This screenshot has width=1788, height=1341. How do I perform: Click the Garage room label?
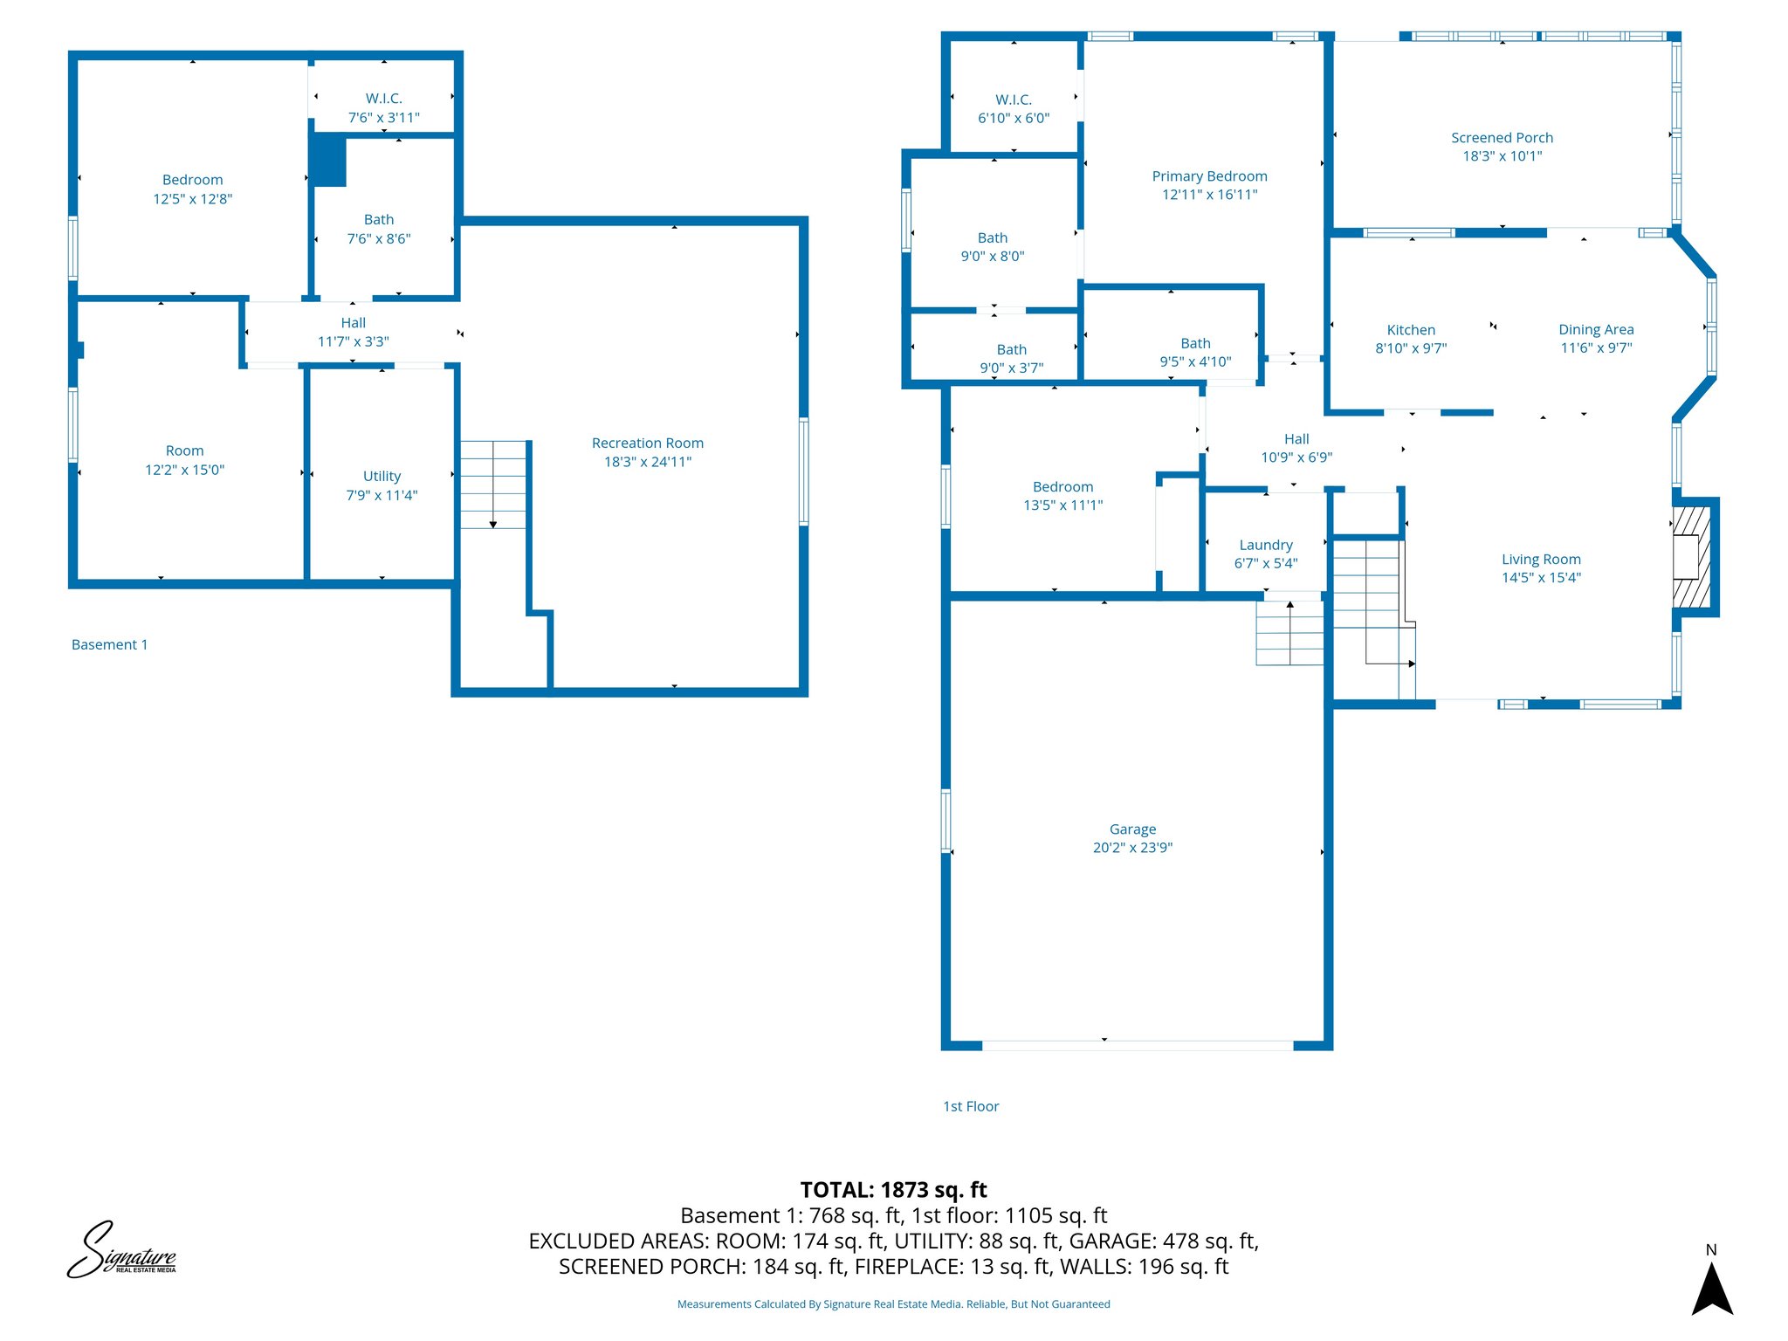coord(1132,829)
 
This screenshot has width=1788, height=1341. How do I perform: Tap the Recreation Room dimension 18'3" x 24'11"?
coord(647,462)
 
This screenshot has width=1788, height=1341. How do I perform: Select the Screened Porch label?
coord(1502,138)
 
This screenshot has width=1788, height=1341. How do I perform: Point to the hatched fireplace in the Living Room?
coord(1690,557)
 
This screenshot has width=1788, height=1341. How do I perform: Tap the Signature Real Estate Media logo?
coord(122,1251)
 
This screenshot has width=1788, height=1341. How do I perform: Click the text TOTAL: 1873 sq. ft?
coord(893,1190)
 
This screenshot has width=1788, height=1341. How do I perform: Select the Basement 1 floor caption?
coord(109,645)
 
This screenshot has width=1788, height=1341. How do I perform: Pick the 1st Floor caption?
coord(970,1107)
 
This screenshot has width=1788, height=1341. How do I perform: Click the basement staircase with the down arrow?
coord(493,485)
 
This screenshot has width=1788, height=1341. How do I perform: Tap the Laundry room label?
coord(1265,545)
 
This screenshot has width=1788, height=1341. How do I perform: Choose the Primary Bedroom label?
coord(1209,176)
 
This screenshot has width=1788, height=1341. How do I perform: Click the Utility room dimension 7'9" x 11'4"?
coord(382,495)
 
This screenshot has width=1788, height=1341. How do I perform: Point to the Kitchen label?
coord(1411,330)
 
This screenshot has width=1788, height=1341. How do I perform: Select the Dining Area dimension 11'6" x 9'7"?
coord(1596,348)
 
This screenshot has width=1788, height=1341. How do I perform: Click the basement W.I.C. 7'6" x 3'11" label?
coord(383,108)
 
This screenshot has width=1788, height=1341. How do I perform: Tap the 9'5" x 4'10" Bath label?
coord(1195,353)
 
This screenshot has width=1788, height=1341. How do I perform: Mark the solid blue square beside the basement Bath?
coord(329,160)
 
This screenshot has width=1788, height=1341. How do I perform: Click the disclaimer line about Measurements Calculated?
coord(893,1304)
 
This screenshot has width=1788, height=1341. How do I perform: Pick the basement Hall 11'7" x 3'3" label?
coord(353,333)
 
